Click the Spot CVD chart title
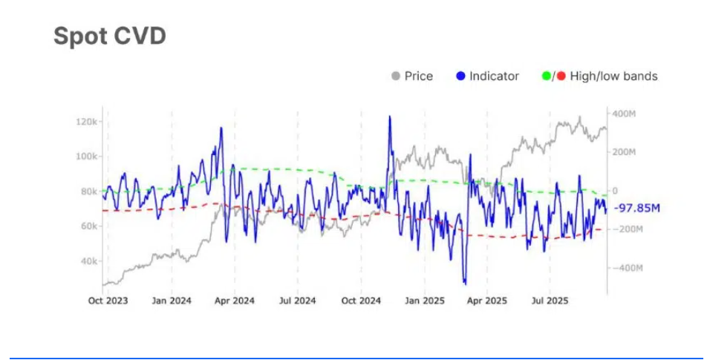point(109,36)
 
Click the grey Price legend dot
point(395,76)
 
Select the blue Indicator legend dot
point(460,76)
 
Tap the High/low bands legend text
point(613,76)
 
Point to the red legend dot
point(561,76)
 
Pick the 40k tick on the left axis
point(91,261)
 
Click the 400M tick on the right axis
point(625,114)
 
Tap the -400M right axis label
point(623,267)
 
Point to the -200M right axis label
point(623,229)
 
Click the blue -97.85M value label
point(637,209)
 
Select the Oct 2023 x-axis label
point(108,301)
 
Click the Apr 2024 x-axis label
point(234,301)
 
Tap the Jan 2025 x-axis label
point(423,301)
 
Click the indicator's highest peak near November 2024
point(389,117)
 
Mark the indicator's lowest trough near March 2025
point(465,283)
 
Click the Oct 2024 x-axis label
point(360,301)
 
